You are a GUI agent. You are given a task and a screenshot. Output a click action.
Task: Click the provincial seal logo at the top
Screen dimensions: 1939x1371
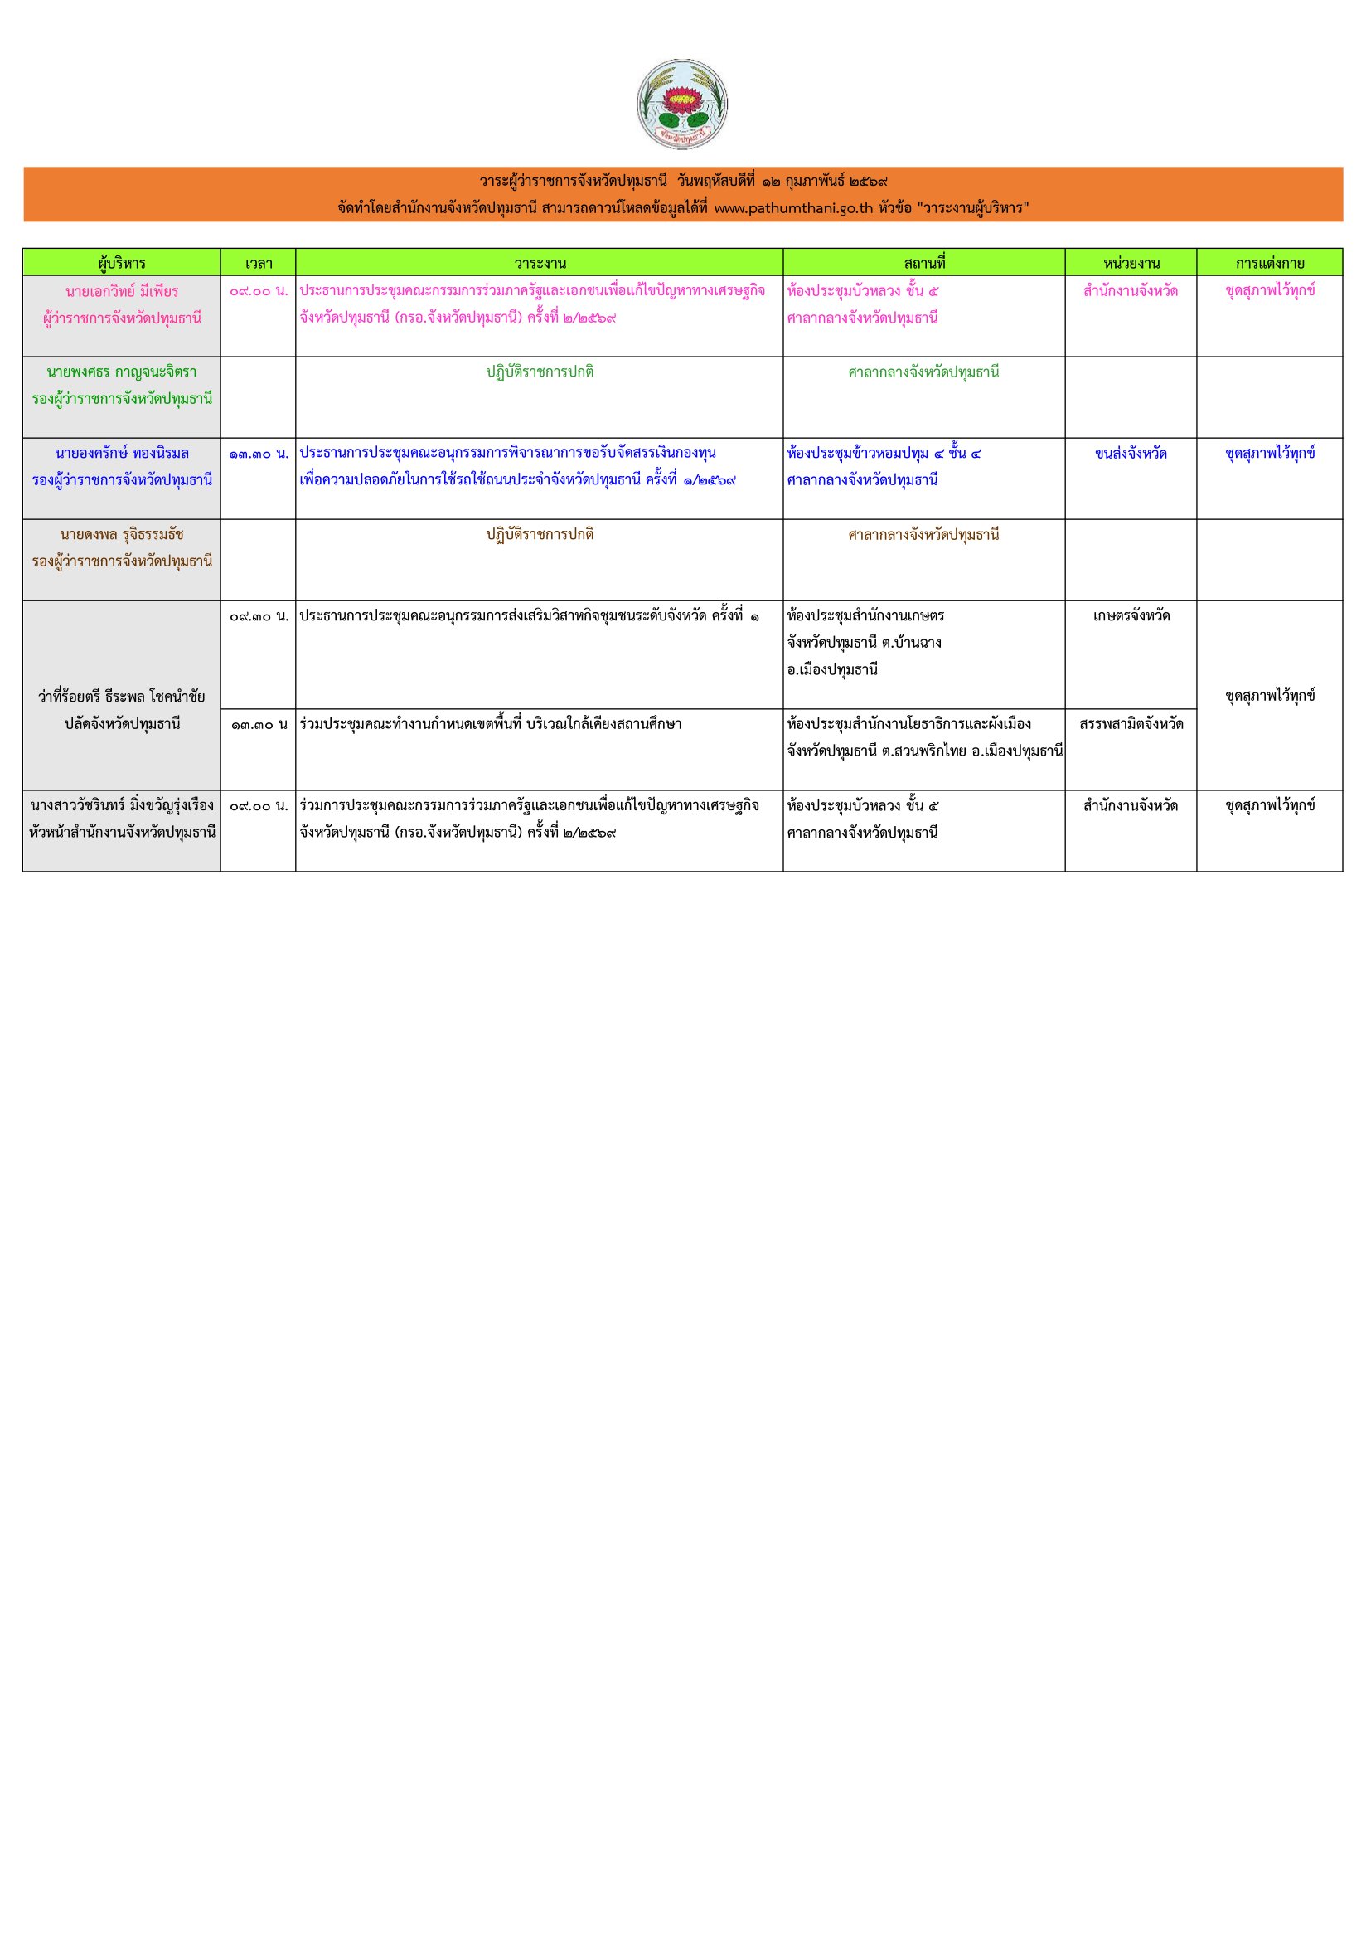point(682,104)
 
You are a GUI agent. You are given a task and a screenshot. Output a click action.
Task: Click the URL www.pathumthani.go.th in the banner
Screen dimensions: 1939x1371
point(792,209)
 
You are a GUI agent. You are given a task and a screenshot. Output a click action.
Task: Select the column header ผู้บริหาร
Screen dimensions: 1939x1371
point(122,264)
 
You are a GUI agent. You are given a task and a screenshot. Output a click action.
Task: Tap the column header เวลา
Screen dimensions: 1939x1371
point(259,264)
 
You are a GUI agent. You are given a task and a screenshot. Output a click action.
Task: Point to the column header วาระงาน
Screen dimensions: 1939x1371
point(540,264)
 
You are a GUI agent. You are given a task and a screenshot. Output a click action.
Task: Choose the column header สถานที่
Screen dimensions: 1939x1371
point(923,264)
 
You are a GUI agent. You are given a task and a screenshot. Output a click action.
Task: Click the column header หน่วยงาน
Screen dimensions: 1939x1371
point(1131,264)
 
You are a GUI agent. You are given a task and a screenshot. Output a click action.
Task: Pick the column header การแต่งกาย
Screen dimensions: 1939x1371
point(1269,264)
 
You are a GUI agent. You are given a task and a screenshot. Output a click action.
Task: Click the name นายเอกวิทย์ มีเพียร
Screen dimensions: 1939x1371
point(122,291)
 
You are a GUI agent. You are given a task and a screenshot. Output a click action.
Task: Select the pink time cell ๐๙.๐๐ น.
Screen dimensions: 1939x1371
point(259,291)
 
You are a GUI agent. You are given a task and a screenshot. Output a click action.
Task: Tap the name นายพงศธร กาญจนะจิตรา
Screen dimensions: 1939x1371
point(122,372)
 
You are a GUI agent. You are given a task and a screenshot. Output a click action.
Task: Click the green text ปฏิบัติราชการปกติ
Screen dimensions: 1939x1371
point(540,372)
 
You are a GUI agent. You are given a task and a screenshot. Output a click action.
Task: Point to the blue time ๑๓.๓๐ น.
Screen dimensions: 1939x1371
point(259,454)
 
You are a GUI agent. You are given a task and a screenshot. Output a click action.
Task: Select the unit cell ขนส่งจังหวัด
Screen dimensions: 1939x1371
point(1131,454)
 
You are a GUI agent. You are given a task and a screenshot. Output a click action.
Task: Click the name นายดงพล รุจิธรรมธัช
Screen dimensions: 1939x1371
point(122,536)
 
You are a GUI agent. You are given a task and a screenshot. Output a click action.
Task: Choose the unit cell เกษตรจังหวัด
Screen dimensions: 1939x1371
point(1131,616)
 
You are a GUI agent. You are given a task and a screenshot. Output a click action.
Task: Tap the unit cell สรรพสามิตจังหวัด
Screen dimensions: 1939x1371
point(1131,725)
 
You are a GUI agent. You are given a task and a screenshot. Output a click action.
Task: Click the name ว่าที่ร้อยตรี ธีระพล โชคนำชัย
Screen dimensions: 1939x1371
point(122,697)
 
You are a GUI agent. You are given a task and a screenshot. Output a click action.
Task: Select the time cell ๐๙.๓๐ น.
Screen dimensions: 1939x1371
point(259,616)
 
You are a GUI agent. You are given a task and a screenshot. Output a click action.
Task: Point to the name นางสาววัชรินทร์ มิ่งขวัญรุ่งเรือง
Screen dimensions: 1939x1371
point(122,805)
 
